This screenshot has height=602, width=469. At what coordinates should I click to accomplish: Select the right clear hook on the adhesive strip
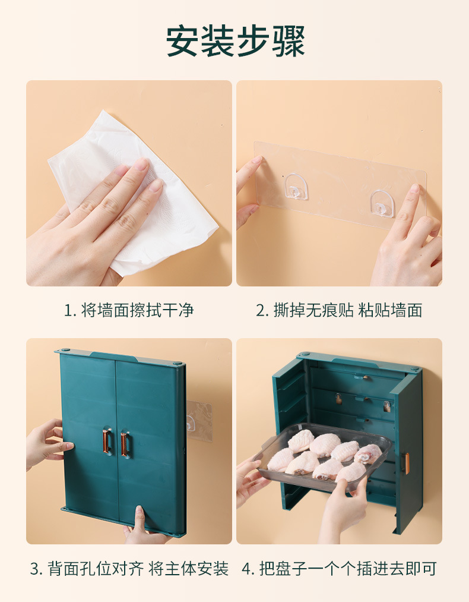click(x=382, y=203)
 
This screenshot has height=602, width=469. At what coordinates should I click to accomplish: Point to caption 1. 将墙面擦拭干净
click(x=129, y=310)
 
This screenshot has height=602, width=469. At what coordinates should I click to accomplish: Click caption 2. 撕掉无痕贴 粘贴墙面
click(x=339, y=310)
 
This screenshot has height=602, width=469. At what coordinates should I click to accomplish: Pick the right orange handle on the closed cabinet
click(x=124, y=444)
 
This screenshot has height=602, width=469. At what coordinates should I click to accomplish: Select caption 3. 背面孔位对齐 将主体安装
click(x=129, y=569)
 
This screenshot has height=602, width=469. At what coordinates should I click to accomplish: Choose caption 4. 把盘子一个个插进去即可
click(x=339, y=569)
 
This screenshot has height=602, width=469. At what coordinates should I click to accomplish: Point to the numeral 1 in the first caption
click(x=68, y=311)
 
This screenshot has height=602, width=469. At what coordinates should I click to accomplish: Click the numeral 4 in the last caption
click(x=246, y=569)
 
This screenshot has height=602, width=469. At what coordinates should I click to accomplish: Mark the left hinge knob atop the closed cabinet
click(x=65, y=351)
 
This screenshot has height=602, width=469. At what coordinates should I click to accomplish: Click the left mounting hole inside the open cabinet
click(x=338, y=399)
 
